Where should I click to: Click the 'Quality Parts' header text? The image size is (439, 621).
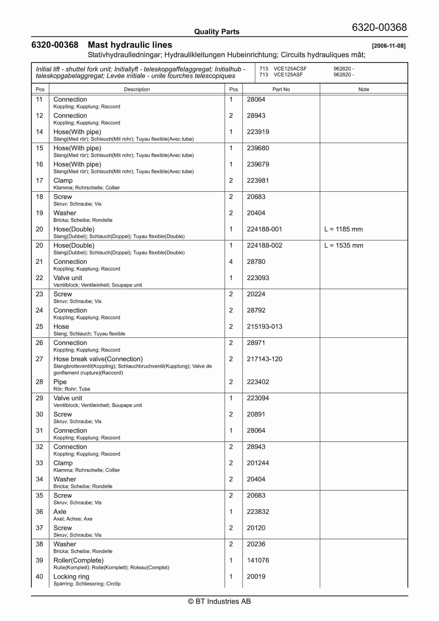pos(217,32)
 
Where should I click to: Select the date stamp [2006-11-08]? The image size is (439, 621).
pos(388,46)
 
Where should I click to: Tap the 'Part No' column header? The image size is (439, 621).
pos(281,89)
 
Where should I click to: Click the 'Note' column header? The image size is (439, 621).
pos(364,89)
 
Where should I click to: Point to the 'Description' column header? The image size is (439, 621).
pos(137,89)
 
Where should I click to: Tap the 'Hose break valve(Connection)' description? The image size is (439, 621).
pos(98,359)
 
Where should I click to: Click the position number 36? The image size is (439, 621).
pos(39,511)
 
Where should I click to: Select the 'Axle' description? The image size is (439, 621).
pos(60,511)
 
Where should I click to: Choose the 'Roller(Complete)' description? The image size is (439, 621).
pos(79,560)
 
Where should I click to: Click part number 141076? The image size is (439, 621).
pos(258,560)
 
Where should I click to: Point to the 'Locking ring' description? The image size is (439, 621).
pos(71,576)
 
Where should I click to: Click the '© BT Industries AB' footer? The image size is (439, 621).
pos(219,601)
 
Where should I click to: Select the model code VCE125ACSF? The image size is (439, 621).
pos(290,69)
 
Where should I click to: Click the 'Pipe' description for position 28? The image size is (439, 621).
pos(60,382)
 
